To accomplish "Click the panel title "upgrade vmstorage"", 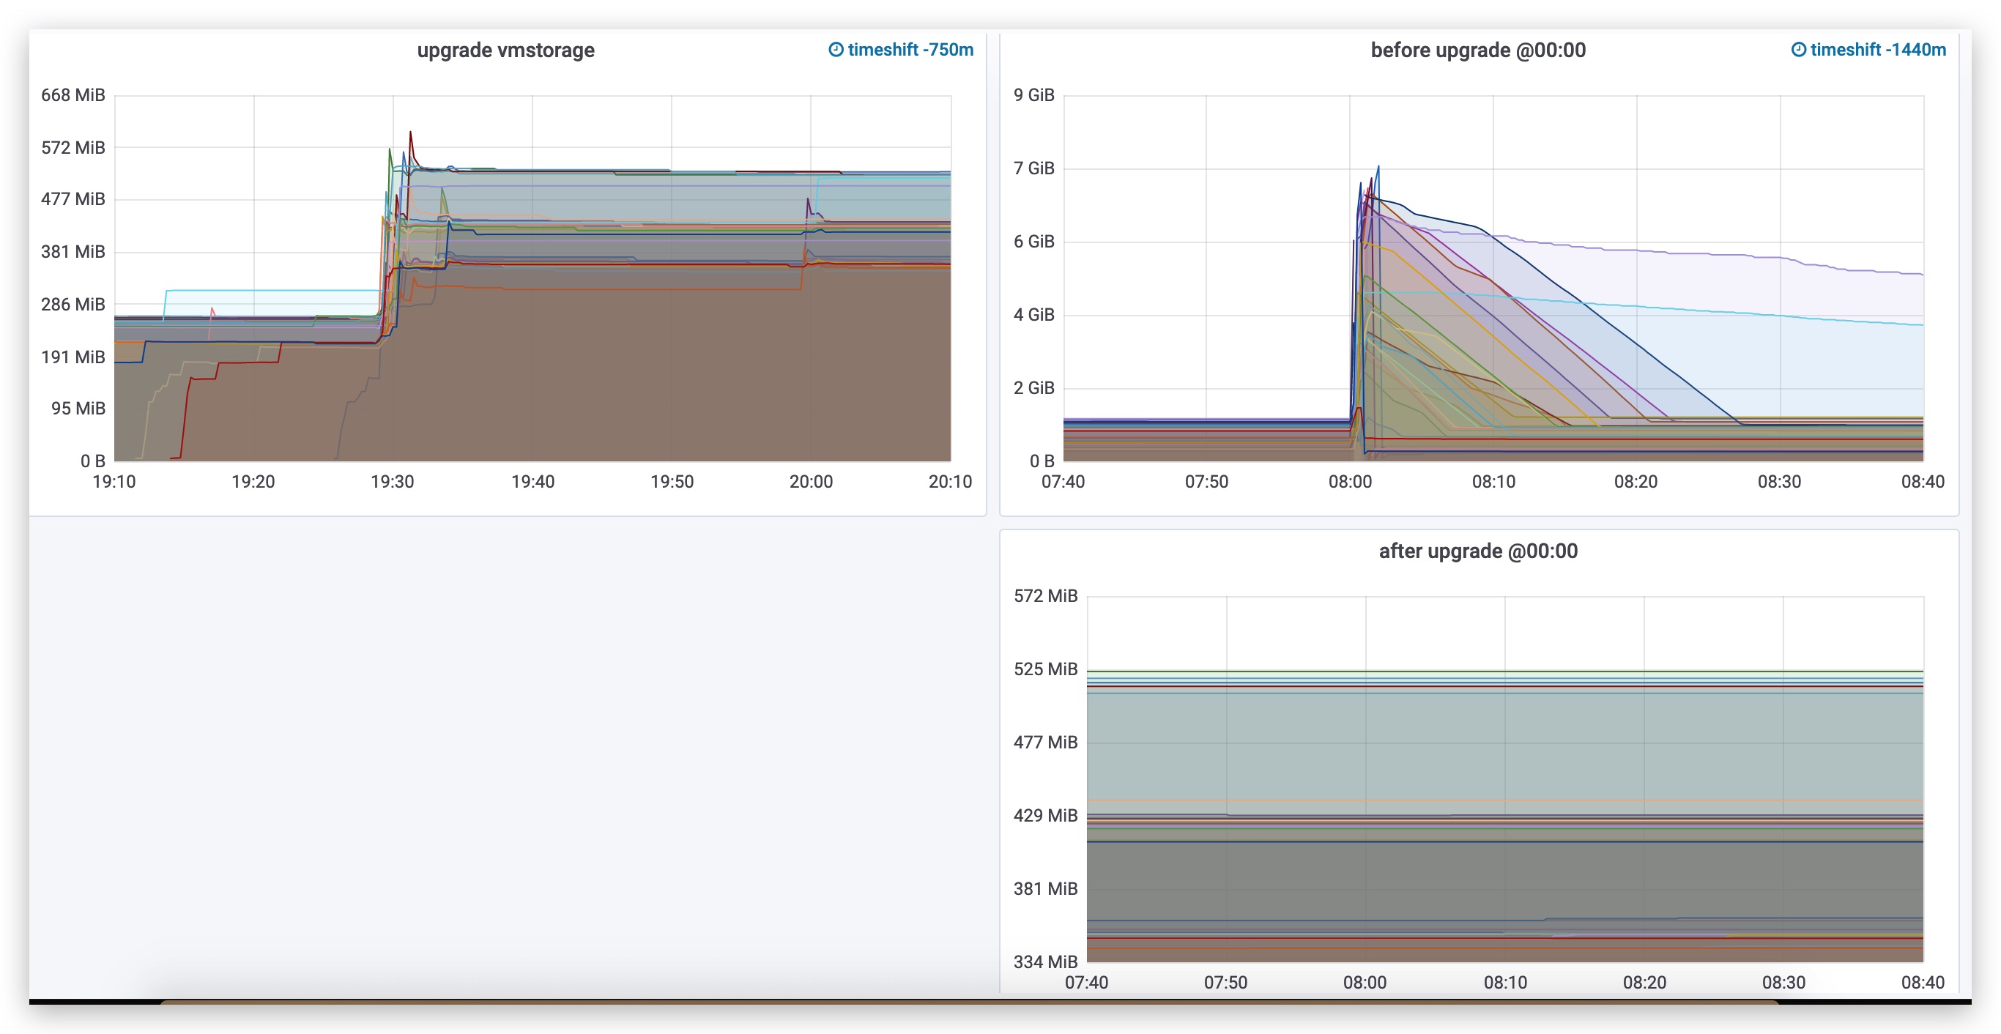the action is (505, 51).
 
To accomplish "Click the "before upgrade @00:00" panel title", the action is (1477, 51).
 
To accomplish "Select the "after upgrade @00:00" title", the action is (1477, 551).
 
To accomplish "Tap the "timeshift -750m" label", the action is (910, 50).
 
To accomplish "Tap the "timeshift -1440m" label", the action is (1877, 50).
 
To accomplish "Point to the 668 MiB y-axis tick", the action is (73, 94).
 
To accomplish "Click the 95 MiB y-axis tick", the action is (78, 409).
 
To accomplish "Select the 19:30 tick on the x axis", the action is (393, 482).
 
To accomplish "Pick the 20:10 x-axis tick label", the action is (950, 482).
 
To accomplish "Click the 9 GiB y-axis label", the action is (1034, 94).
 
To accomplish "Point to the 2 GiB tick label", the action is (1034, 387).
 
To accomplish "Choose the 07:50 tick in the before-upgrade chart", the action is (1206, 482).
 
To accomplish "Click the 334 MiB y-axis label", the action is (1046, 962).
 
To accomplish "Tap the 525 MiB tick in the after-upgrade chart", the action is (1046, 669).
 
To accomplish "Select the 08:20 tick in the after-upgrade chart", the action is (1644, 983).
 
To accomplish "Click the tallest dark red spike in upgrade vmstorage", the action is (410, 133).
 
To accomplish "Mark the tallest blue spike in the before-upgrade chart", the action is (1378, 167).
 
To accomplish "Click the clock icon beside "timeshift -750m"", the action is (836, 50).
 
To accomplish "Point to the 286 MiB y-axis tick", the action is (73, 304).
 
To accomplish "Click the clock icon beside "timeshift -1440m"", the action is (1798, 50).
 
